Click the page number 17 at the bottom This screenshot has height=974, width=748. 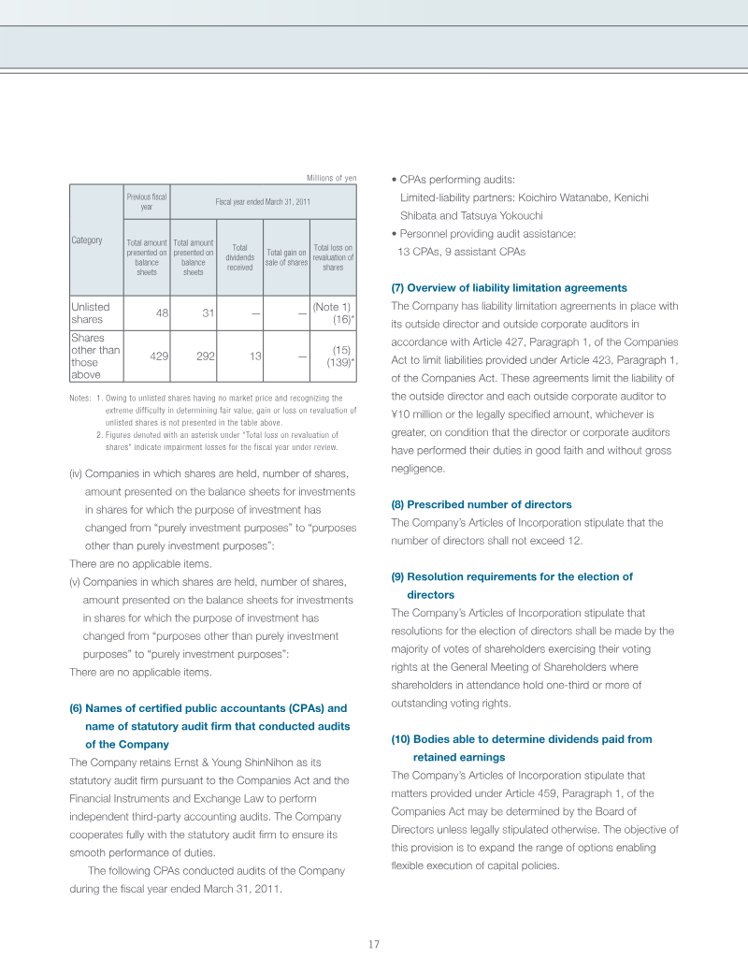(373, 944)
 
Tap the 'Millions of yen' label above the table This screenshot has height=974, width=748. (331, 178)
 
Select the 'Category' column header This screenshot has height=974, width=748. (87, 240)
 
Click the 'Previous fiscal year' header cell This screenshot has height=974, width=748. (146, 202)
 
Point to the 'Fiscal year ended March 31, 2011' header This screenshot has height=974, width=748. (263, 202)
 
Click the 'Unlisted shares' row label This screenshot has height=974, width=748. (91, 313)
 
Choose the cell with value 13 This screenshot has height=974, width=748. (253, 356)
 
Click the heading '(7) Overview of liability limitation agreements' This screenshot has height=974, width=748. (509, 288)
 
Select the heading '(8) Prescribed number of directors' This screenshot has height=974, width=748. (481, 504)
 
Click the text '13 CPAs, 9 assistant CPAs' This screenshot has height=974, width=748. (461, 252)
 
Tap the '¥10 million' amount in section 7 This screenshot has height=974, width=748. (417, 414)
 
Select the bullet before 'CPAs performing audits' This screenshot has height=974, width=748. (394, 180)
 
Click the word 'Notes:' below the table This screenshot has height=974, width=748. (80, 400)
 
